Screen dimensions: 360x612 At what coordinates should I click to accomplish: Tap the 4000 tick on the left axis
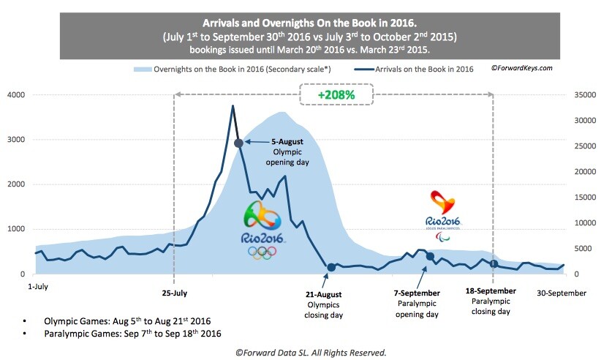[16, 95]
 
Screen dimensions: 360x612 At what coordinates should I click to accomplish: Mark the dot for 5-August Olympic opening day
[238, 143]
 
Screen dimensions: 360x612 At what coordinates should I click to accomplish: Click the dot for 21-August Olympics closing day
[331, 267]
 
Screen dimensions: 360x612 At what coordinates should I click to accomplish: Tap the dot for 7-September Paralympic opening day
[430, 256]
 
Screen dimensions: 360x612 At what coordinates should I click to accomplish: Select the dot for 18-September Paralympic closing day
[494, 264]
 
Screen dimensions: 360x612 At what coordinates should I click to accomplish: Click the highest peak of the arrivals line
[233, 106]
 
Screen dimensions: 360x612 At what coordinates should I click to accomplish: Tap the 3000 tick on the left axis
[16, 140]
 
